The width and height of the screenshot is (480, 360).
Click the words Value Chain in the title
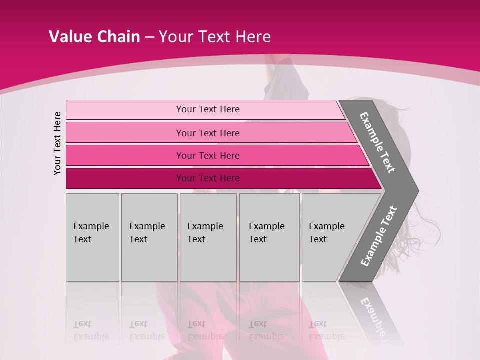(x=94, y=37)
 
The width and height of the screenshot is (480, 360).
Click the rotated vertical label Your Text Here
(x=57, y=143)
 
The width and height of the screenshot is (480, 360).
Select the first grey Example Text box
(x=92, y=237)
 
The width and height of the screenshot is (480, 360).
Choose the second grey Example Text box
(x=149, y=237)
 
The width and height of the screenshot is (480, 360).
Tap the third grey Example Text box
(x=208, y=237)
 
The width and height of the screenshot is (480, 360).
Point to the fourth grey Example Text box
(x=269, y=237)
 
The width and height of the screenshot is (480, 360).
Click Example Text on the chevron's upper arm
(x=377, y=142)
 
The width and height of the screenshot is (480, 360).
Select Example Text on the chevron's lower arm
(x=378, y=236)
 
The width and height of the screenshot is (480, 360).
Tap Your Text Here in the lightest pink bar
(x=208, y=109)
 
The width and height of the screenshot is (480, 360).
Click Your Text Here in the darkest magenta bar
(x=208, y=178)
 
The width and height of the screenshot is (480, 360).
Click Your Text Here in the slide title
(x=215, y=37)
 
